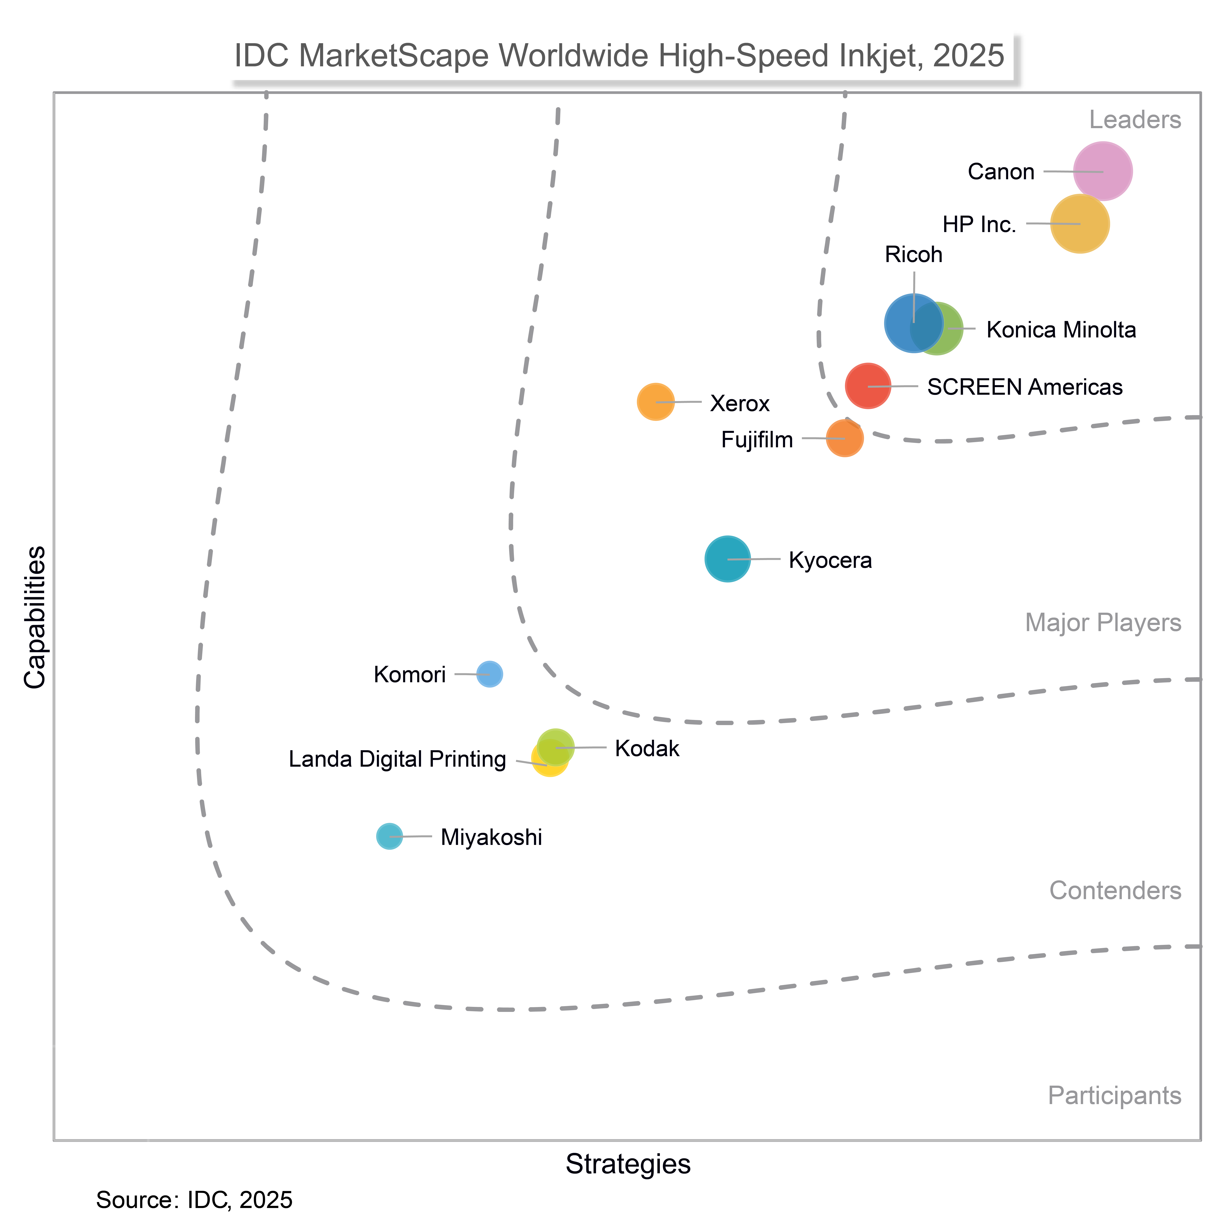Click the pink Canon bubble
point(1102,171)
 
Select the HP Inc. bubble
point(1080,224)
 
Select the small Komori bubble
point(489,674)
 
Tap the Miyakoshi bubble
point(389,836)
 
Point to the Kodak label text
point(647,749)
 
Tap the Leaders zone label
point(1135,120)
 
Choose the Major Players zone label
point(1103,623)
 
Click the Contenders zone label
point(1115,890)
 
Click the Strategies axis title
point(628,1164)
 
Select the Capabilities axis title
point(35,617)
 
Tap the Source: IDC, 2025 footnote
point(194,1200)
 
